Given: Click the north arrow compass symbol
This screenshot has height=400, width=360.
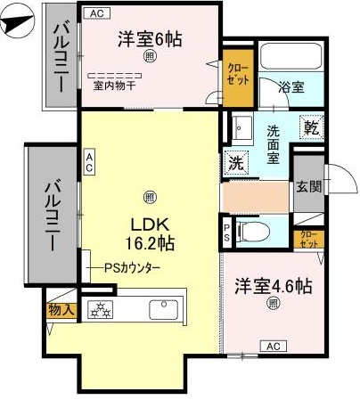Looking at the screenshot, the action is [18, 20].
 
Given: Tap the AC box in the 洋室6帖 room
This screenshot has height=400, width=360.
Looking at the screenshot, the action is [97, 13].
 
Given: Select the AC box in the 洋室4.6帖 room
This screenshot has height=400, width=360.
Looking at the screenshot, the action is [274, 347].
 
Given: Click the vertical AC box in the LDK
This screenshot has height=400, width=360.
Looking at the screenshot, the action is [89, 162].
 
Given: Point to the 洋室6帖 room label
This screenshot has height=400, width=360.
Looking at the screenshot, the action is [150, 39].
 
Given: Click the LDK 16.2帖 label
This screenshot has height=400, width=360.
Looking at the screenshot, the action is [150, 234].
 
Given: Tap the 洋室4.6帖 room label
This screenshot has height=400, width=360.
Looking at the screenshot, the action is [274, 286].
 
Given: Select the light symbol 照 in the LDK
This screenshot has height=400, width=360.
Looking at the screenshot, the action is [150, 197].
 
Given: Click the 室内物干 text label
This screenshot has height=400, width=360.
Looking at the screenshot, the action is [114, 86].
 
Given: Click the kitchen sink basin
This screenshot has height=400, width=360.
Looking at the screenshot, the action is [164, 309].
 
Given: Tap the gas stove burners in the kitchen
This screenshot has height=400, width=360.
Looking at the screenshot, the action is [101, 309].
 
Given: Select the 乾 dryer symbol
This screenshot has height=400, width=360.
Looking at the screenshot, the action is [311, 127].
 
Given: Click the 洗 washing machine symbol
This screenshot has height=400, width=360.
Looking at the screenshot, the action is [237, 162].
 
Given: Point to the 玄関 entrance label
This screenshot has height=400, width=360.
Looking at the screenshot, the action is [309, 187].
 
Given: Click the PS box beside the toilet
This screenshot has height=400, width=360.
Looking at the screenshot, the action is [226, 233].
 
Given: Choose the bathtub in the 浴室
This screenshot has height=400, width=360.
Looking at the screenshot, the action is [291, 56].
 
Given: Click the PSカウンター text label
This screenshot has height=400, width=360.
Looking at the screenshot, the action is [132, 268].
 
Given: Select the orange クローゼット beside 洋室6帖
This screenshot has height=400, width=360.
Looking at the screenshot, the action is [238, 78].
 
